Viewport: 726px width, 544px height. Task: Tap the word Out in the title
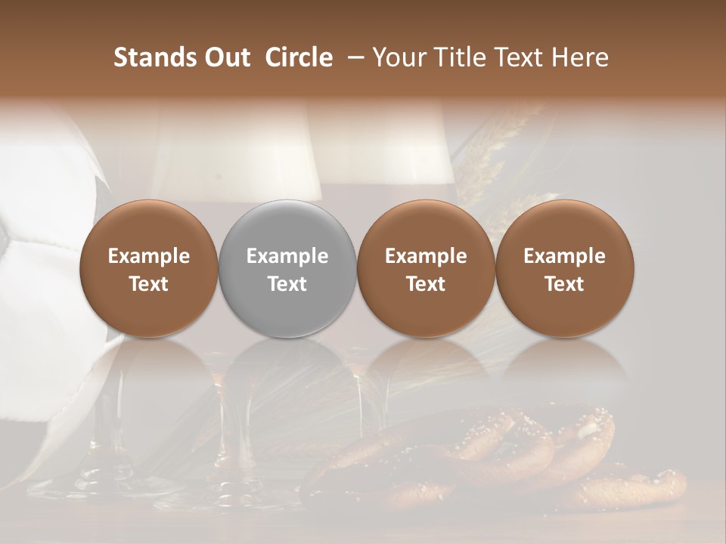(225, 57)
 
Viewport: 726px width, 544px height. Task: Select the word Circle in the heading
(299, 57)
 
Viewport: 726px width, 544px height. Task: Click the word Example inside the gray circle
(287, 256)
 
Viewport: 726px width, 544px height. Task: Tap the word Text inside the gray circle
(287, 284)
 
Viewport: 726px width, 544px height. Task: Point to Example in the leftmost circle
(148, 256)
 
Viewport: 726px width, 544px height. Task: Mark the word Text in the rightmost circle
(565, 284)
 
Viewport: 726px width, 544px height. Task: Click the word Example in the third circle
(426, 256)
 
